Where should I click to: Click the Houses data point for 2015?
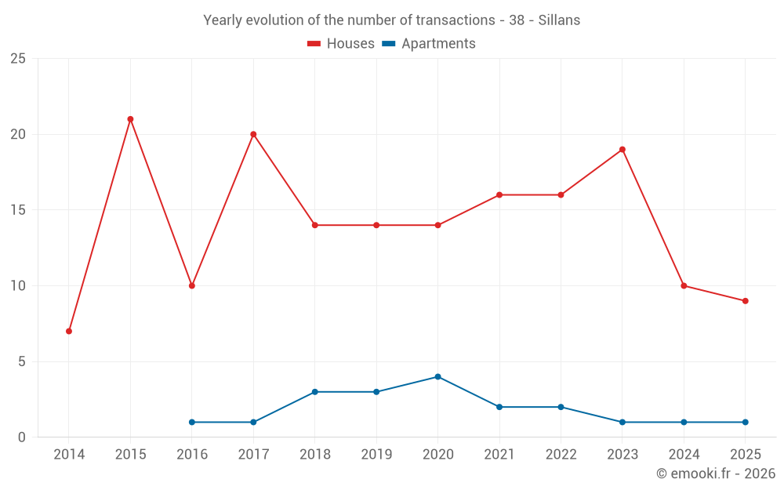coord(130,119)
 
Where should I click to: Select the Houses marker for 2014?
coord(69,331)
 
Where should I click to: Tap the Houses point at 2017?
coord(253,134)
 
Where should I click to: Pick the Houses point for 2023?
coord(622,150)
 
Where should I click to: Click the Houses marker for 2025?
coord(745,301)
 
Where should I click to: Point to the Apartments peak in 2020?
coord(437,377)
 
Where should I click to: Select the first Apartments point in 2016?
coord(192,423)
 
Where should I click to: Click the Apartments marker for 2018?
coord(315,392)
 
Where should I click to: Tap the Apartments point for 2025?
coord(745,423)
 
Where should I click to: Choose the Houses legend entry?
coord(341,44)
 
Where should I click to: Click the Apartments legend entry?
coord(429,44)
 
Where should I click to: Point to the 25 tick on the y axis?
coord(18,59)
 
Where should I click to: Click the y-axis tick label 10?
coord(18,286)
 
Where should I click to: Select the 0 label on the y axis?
coord(22,437)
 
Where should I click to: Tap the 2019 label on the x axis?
coord(376,455)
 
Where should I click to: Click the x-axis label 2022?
coord(561,455)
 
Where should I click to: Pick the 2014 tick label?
coord(69,455)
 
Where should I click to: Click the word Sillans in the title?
coord(559,20)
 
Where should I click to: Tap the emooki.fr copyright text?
coord(716,474)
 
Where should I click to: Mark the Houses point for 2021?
coord(499,195)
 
